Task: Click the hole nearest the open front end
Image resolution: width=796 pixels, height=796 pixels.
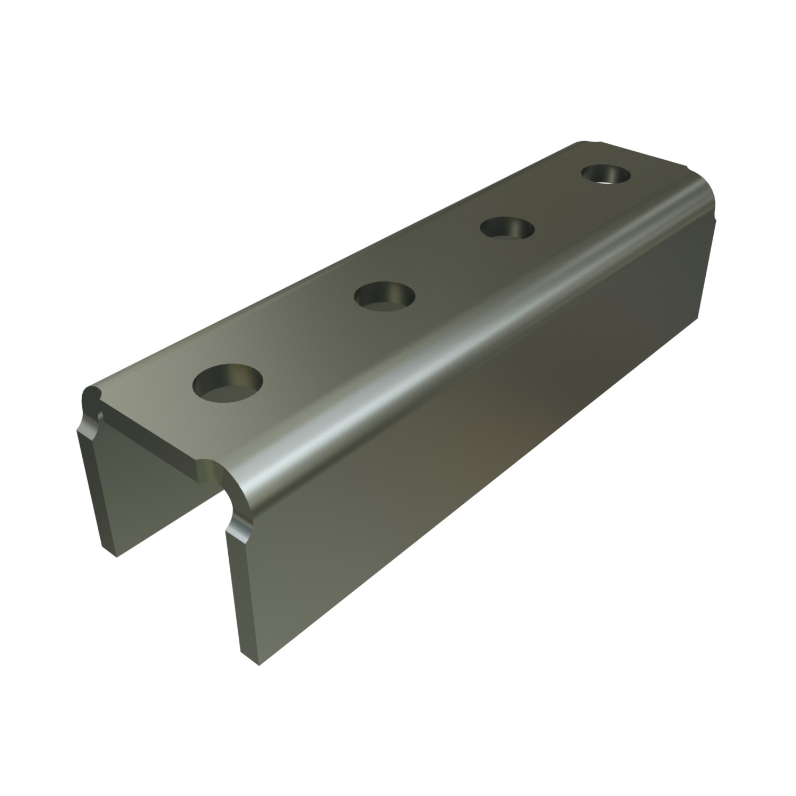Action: click(x=229, y=383)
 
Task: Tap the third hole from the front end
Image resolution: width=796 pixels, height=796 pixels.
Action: click(x=507, y=228)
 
